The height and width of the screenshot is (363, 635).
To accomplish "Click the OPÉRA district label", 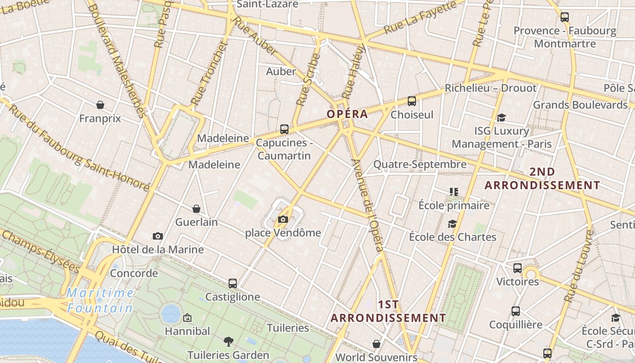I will [347, 114].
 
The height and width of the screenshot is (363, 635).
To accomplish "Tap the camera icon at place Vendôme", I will [283, 220].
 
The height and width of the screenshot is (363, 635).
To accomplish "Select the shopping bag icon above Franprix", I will [100, 105].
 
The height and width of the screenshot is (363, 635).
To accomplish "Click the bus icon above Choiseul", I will [412, 101].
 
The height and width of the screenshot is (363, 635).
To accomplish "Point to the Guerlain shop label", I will [196, 222].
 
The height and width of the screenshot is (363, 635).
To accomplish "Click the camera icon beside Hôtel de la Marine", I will [158, 236].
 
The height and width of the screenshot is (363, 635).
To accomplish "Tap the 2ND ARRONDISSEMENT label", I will [542, 179].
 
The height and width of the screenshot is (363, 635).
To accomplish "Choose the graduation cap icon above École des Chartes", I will [452, 224].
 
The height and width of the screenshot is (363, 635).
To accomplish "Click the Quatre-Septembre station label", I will [420, 164].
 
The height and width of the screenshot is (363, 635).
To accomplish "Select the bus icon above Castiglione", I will [233, 284].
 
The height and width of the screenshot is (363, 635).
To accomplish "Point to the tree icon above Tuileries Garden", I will [229, 341].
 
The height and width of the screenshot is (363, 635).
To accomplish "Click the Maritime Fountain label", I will [100, 300].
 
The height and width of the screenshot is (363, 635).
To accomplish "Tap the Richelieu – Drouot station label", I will [490, 88].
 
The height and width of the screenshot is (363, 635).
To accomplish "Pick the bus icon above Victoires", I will [518, 268].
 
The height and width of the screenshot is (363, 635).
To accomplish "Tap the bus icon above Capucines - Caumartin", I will [284, 129].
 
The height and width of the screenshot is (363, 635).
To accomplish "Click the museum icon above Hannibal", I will [187, 318].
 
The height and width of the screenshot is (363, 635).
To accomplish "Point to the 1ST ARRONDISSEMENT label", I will [388, 311].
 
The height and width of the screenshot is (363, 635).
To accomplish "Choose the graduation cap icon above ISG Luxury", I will [501, 118].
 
